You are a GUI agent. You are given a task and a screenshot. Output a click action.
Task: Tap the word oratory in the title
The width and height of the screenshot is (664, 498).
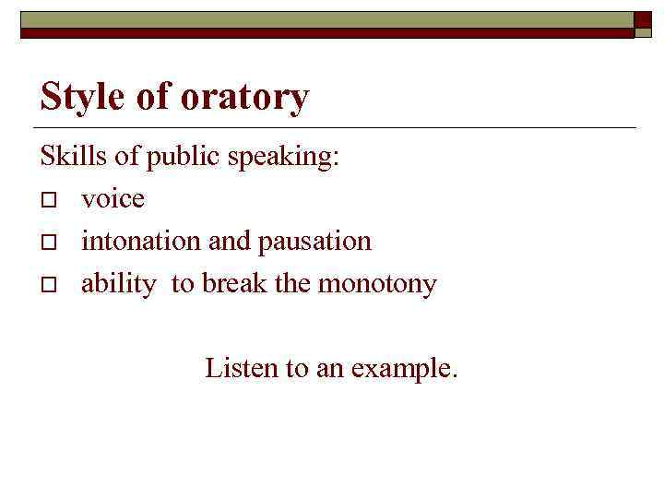244,97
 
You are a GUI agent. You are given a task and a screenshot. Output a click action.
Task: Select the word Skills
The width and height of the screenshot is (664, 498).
66,156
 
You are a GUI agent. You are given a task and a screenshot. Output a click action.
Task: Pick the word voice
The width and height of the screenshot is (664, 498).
113,198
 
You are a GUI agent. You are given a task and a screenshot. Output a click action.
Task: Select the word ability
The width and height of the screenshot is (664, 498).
118,284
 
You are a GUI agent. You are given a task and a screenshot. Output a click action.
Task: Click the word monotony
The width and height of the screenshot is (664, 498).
377,284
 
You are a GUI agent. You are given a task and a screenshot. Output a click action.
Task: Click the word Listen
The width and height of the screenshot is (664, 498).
242,368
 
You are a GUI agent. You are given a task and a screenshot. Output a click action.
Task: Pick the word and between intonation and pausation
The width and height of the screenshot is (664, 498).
229,241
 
